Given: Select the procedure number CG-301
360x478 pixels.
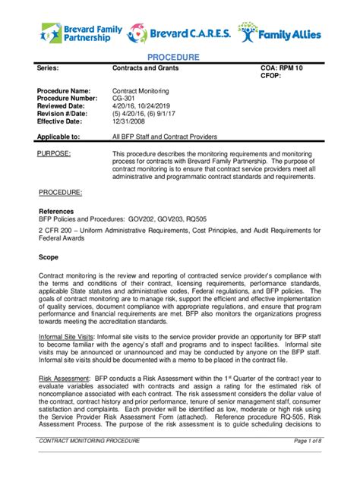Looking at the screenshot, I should coord(125,99).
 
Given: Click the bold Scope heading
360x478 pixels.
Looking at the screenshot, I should coord(49,256).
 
